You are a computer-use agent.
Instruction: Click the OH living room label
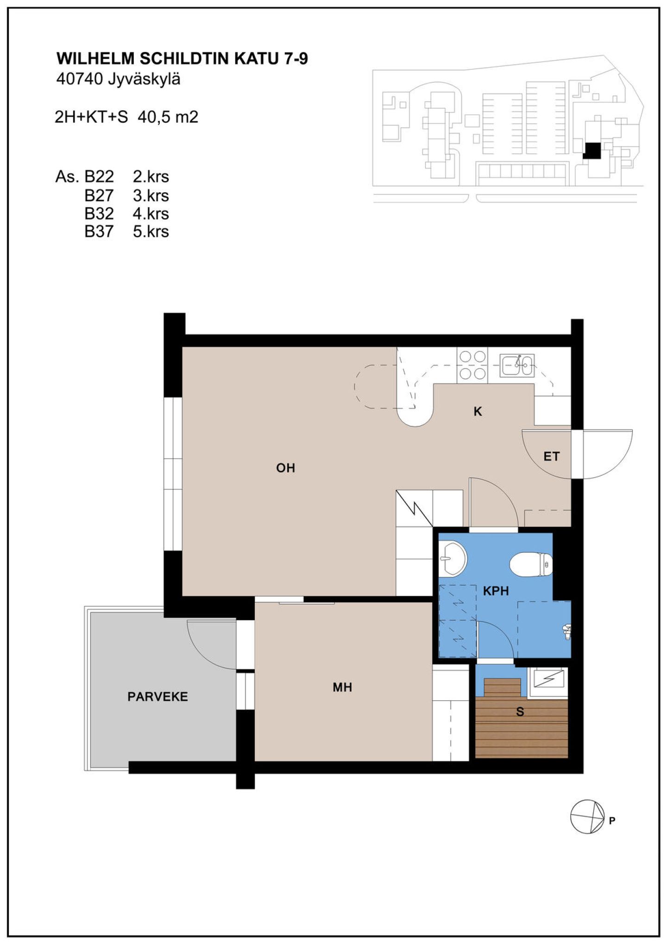285,468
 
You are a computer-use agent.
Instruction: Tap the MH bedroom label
342,687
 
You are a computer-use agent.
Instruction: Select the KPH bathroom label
496,591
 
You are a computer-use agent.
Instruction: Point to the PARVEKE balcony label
157,697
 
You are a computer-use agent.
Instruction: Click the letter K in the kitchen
478,411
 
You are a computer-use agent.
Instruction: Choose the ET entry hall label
551,456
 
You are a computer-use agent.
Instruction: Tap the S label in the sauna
520,712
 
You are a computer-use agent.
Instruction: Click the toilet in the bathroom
531,564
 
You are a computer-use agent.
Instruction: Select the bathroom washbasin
452,558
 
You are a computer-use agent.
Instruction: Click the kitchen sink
517,365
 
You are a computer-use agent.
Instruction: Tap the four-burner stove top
472,365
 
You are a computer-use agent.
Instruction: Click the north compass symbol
587,817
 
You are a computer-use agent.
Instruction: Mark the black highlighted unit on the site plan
591,151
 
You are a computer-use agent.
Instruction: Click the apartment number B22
99,177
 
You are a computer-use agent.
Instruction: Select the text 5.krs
151,231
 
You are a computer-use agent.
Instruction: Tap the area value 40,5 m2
168,117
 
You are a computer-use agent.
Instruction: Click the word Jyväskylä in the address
144,80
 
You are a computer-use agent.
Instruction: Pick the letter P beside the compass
612,821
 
